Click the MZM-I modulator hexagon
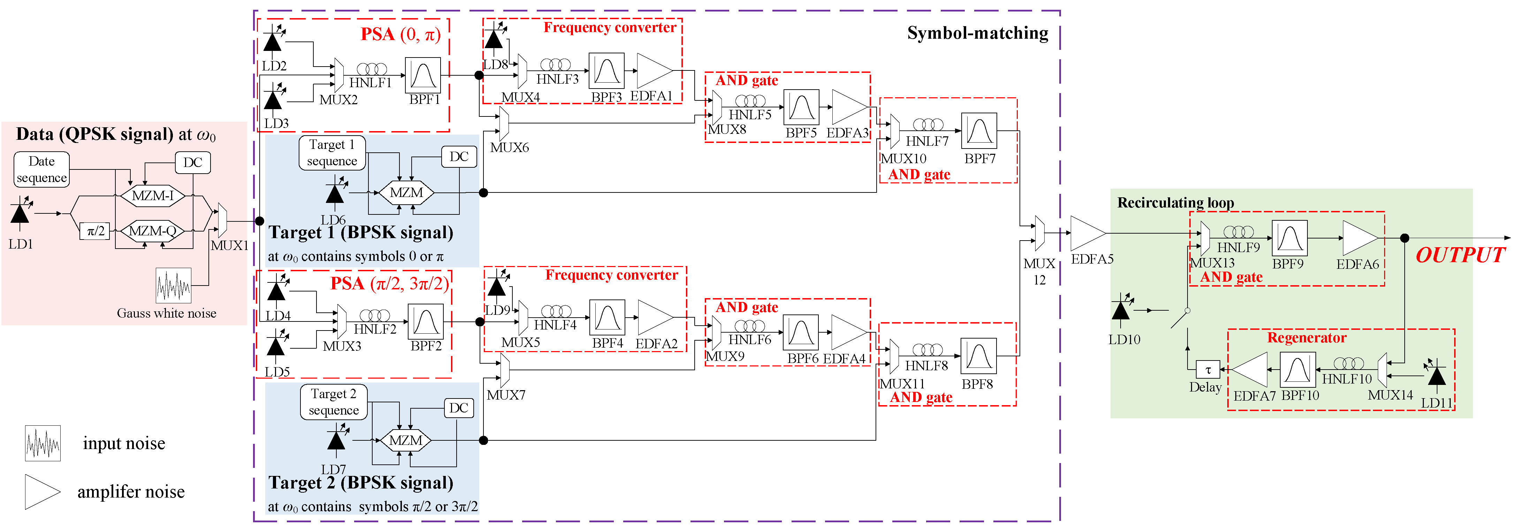click(x=153, y=195)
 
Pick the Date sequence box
click(x=41, y=169)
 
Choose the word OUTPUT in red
click(x=1460, y=256)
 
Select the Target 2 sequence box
click(x=334, y=402)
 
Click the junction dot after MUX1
click(x=259, y=221)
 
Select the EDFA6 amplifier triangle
click(x=1359, y=238)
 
